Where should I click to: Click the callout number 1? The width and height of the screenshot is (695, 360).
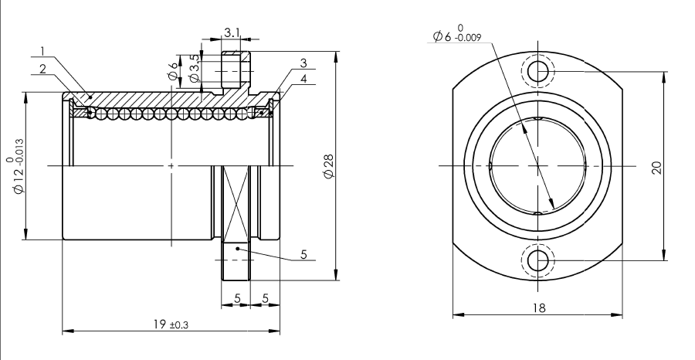pos(43,53)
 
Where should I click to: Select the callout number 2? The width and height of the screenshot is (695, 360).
pos(43,69)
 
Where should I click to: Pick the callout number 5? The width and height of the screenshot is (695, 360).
pos(303,253)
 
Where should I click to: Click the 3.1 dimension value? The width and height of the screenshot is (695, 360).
pos(232,32)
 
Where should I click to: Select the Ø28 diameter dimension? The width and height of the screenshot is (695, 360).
pos(329,166)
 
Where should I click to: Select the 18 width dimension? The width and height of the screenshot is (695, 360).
pos(538,307)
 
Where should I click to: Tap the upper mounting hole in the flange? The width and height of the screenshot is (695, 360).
pos(538,73)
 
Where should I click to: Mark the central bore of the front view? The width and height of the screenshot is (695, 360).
pos(537,165)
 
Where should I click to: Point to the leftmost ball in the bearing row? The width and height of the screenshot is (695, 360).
pos(91,113)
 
